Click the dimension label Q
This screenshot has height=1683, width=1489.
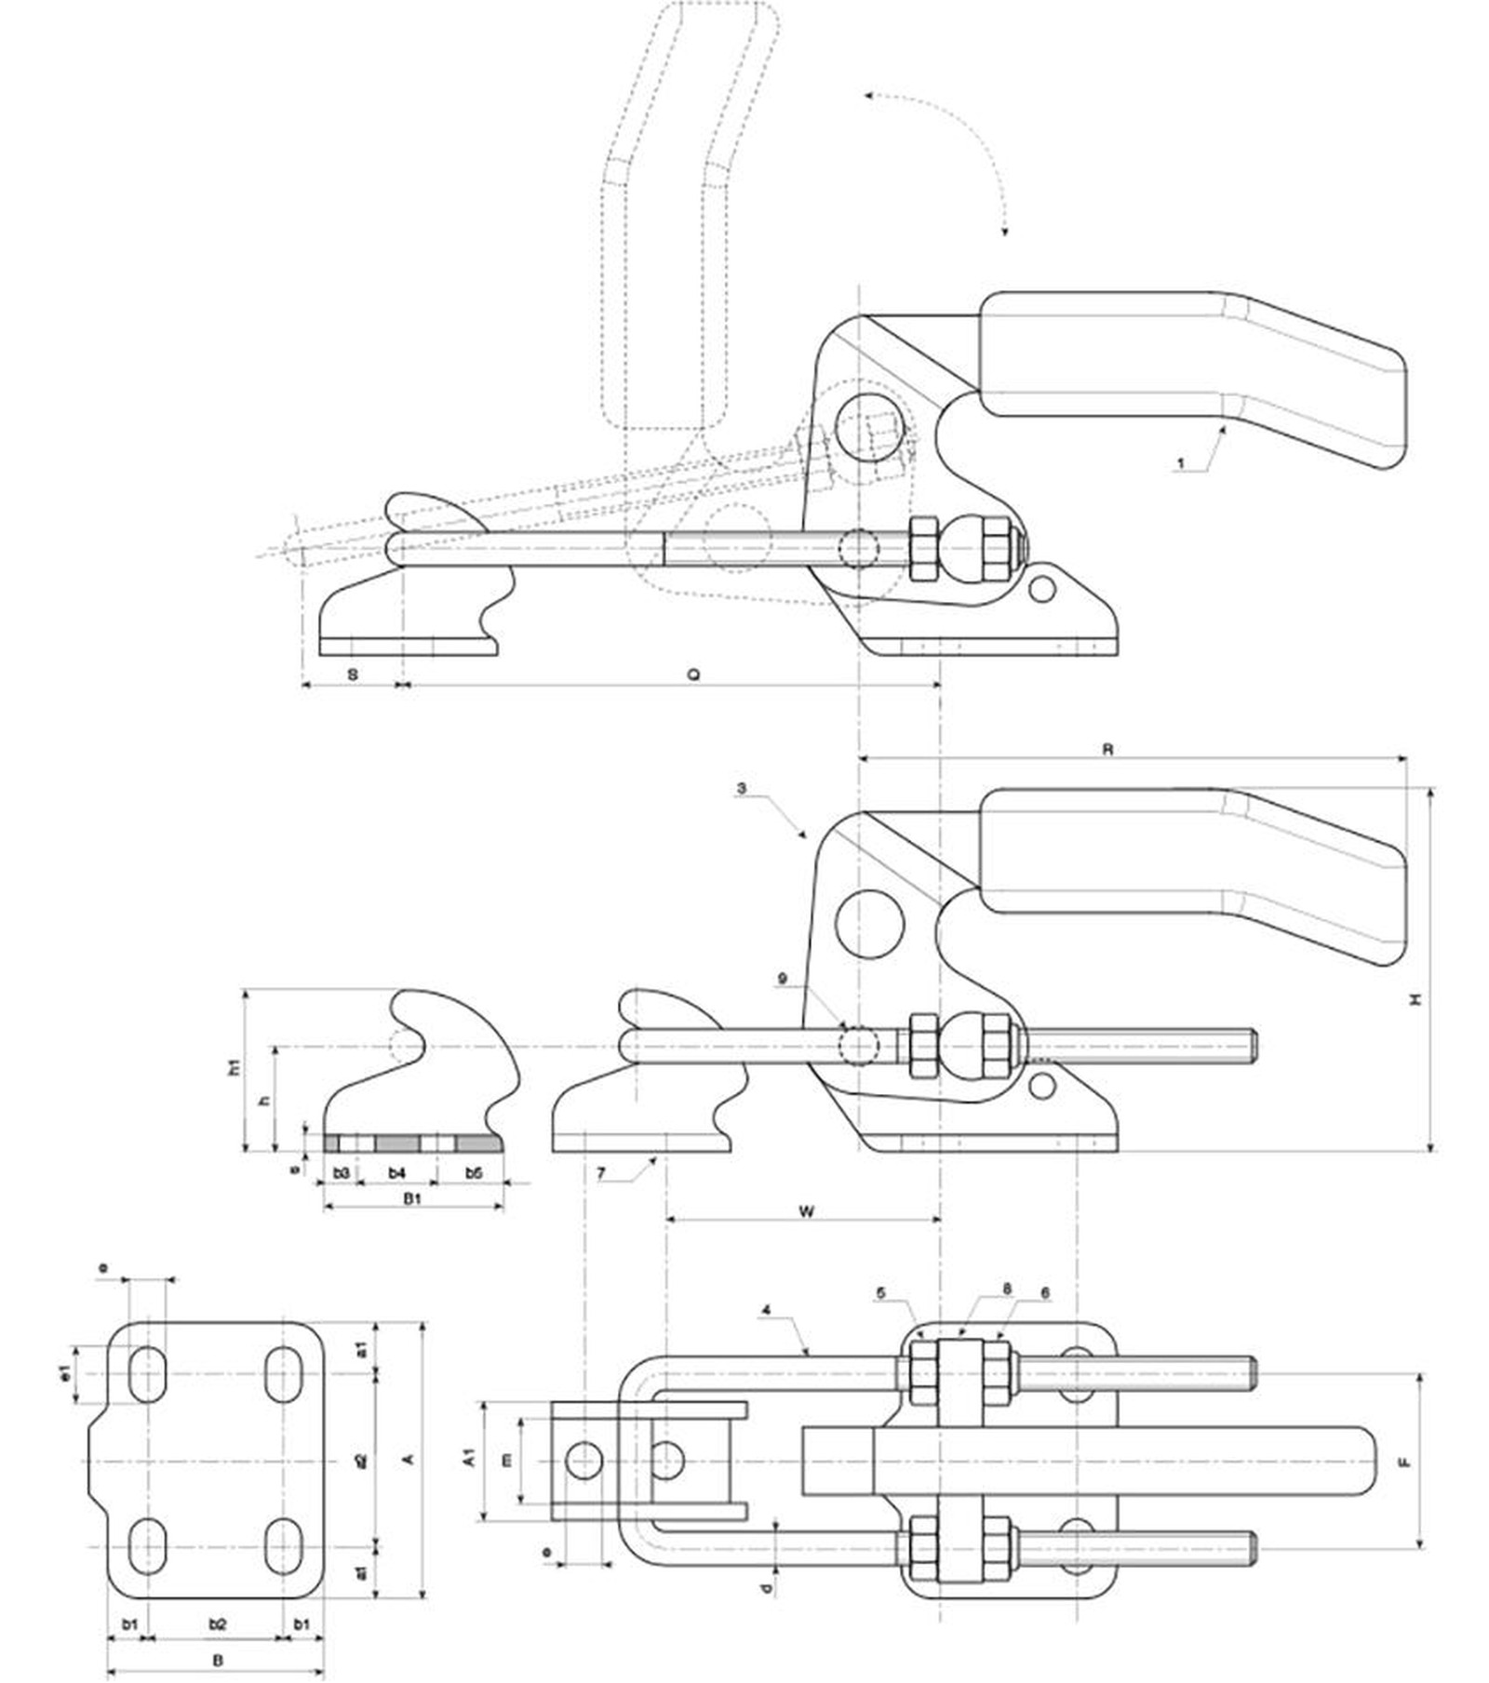tap(693, 674)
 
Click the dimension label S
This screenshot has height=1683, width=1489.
tap(352, 674)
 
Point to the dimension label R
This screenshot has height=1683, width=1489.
tap(1107, 749)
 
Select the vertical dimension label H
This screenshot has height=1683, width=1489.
tap(1415, 998)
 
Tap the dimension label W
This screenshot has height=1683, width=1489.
tap(806, 1211)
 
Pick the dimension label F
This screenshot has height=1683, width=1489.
tap(1405, 1462)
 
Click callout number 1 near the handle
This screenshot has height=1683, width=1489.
tap(1181, 462)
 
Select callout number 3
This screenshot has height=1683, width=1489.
tap(741, 789)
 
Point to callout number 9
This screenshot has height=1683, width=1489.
tap(783, 979)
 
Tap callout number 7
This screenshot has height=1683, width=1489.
tap(601, 1174)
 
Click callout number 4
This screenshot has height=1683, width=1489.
tap(766, 1310)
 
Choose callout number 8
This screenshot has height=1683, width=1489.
tap(1006, 1289)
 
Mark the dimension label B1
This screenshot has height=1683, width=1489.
tap(412, 1198)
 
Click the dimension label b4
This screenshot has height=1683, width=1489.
tap(397, 1173)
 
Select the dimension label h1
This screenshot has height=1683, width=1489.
tap(235, 1067)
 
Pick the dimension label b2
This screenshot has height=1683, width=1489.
tap(217, 1624)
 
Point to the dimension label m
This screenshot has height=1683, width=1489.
tap(506, 1461)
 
